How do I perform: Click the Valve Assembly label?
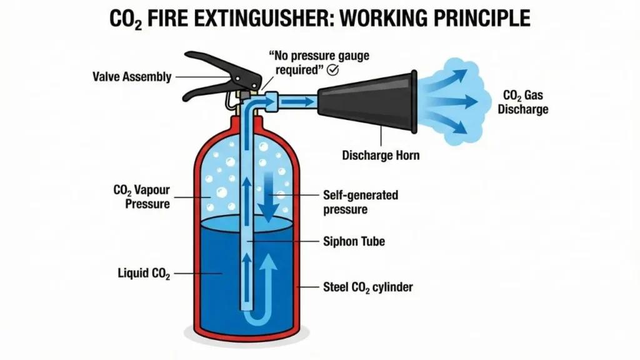132,77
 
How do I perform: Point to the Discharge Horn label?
381,156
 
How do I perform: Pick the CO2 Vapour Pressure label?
141,196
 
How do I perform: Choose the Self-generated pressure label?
361,202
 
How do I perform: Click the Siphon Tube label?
354,241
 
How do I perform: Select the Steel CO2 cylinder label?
368,287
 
